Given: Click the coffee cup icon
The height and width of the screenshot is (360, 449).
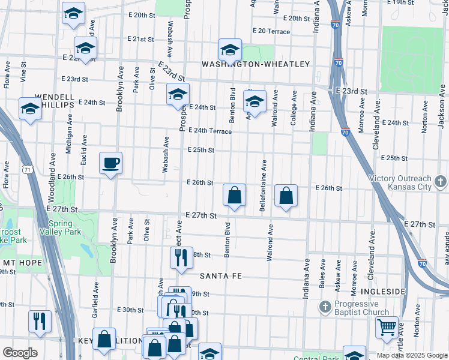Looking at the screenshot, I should click(110, 163).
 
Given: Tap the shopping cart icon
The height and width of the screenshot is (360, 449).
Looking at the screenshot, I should click(387, 328).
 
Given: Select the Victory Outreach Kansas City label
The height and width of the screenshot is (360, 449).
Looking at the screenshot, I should click(400, 182).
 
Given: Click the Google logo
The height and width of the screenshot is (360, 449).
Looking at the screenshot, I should click(20, 353).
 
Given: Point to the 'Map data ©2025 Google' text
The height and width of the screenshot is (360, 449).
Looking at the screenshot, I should click(412, 355).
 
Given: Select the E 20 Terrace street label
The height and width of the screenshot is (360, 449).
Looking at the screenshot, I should click(272, 30).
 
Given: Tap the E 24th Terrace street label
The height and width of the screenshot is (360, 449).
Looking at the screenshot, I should click(209, 131).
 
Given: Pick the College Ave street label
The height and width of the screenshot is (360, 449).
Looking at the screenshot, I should click(294, 108).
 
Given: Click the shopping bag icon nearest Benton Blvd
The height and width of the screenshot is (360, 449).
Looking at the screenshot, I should click(234, 195).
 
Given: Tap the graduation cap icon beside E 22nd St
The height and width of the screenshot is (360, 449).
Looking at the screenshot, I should click(85, 47).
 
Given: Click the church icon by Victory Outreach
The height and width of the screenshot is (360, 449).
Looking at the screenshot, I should click(441, 180).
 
